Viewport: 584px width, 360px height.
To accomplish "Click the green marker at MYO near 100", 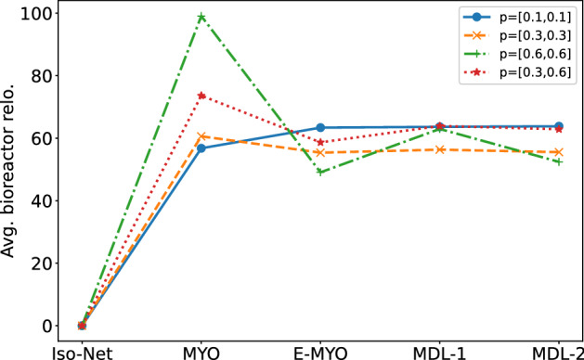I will click(201, 17).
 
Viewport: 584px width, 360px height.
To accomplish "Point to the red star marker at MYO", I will click(201, 96).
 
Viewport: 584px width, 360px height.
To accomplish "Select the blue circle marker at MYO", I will click(201, 148).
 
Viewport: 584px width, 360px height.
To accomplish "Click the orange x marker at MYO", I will click(201, 136).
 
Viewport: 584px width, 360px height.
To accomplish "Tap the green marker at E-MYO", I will click(320, 172).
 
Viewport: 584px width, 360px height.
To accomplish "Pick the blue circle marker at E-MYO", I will click(320, 128).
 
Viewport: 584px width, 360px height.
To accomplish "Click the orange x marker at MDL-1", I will click(439, 149).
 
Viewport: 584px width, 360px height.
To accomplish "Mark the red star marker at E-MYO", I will click(320, 142).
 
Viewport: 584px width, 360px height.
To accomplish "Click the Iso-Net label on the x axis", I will click(82, 350).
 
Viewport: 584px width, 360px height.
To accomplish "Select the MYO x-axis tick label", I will click(201, 350).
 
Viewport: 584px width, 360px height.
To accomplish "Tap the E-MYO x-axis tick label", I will click(320, 350).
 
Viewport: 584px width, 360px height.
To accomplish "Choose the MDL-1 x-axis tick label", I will click(439, 350).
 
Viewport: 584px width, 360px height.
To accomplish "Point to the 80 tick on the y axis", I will click(37, 76).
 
